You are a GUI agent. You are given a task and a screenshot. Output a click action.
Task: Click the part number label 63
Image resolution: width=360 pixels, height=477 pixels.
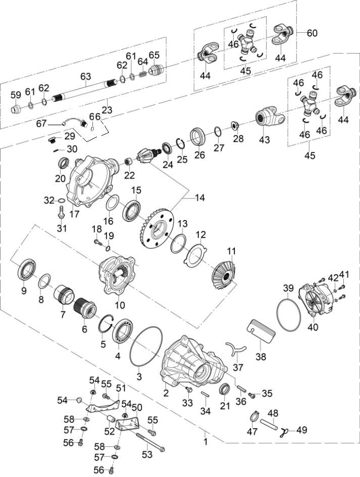click(86, 77)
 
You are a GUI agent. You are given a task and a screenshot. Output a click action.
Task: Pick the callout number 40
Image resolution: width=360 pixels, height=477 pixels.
click(313, 327)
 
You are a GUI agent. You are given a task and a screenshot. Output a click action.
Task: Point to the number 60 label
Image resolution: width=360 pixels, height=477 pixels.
click(312, 33)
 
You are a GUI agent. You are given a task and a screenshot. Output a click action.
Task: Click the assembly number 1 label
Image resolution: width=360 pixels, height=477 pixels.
click(205, 441)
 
